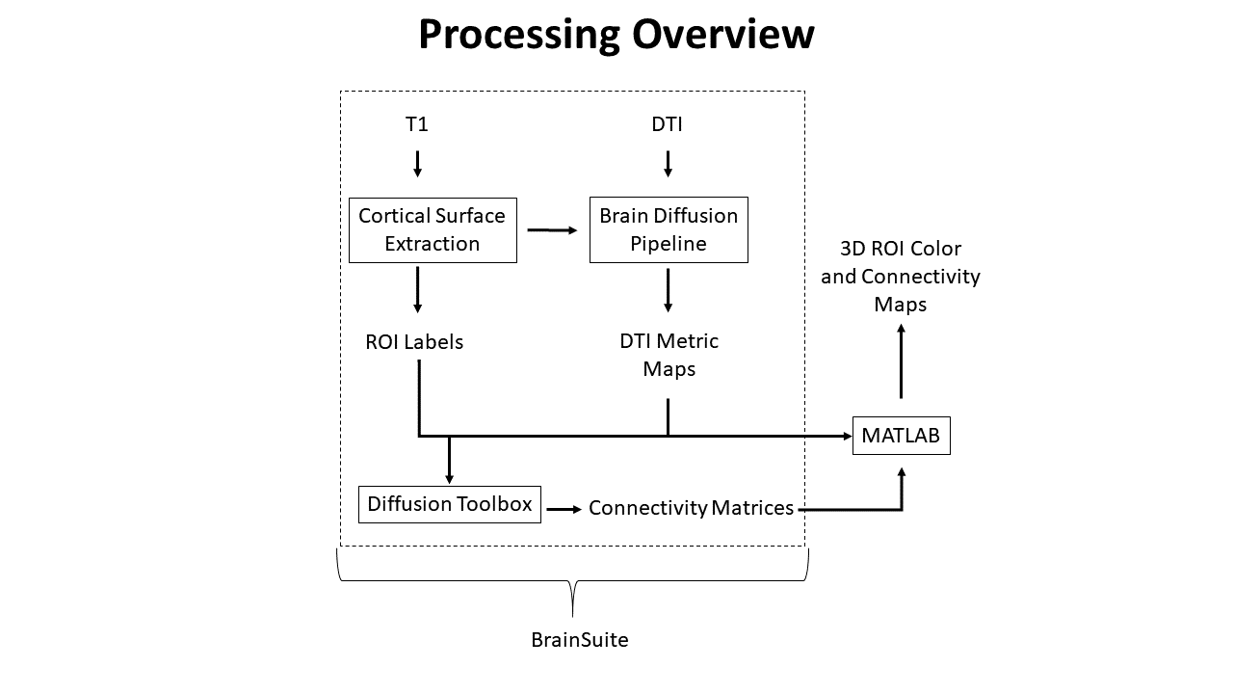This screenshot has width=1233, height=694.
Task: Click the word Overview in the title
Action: tap(722, 35)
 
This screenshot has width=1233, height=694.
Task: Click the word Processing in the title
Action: tap(519, 35)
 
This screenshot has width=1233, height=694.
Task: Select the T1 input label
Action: tap(417, 124)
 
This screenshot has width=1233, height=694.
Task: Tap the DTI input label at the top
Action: tap(668, 124)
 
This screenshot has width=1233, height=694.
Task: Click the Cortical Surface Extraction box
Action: tap(433, 230)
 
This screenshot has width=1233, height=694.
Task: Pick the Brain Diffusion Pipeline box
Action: tap(669, 230)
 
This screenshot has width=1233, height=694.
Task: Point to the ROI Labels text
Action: tap(414, 342)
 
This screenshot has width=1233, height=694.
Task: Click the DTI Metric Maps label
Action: tap(669, 355)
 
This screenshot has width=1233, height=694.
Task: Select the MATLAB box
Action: tap(902, 436)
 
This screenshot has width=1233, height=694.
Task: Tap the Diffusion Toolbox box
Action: tap(450, 504)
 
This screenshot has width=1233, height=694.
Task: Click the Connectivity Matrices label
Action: tap(691, 508)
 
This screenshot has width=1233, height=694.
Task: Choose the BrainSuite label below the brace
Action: tap(579, 640)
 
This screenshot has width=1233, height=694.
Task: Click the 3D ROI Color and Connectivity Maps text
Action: tap(900, 277)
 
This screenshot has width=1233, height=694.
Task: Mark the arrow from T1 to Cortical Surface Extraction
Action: tap(417, 163)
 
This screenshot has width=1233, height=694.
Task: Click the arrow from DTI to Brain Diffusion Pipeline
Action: tap(668, 163)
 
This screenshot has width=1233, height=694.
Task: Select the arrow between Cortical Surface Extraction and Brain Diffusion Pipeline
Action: tap(552, 230)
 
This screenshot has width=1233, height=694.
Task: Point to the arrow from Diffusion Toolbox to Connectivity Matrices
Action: tap(564, 508)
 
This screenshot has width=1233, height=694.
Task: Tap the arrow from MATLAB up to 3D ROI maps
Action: tap(902, 361)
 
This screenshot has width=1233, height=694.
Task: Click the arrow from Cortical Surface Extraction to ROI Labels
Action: tap(417, 289)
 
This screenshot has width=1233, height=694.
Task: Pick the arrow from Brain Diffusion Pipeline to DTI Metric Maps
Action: tap(668, 289)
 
